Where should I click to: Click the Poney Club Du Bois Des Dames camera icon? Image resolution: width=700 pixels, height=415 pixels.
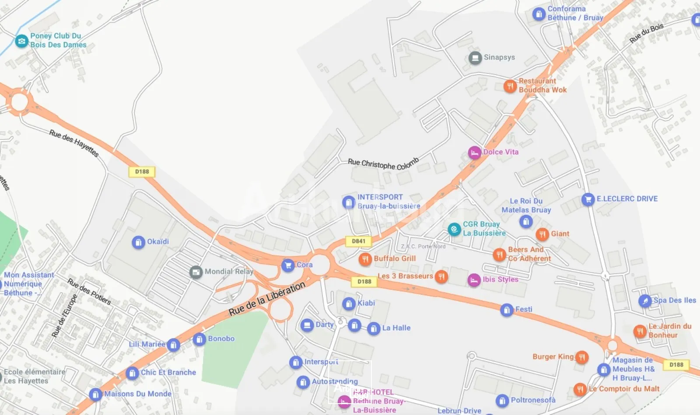pyautogui.click(x=21, y=41)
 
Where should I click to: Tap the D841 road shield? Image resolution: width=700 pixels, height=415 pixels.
pyautogui.click(x=358, y=241)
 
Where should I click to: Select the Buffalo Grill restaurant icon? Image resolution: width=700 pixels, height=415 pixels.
pyautogui.click(x=365, y=259)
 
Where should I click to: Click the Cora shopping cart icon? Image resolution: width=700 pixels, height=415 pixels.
pyautogui.click(x=287, y=265)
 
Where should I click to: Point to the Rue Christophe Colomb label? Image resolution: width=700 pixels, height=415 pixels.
pyautogui.click(x=383, y=164)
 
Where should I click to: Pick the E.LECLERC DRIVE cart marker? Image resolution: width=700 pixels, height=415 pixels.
pyautogui.click(x=588, y=199)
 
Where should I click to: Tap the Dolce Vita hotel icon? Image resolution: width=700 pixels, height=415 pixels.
pyautogui.click(x=475, y=153)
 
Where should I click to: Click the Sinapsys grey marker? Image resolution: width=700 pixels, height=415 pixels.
pyautogui.click(x=475, y=58)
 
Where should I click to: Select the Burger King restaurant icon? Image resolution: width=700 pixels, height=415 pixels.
pyautogui.click(x=581, y=357)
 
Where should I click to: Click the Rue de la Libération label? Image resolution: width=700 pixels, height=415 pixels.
pyautogui.click(x=267, y=299)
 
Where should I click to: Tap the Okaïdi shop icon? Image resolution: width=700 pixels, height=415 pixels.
pyautogui.click(x=138, y=242)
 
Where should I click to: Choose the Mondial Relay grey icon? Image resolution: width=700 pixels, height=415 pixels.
pyautogui.click(x=196, y=272)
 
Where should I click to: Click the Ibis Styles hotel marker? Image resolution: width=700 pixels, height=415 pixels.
pyautogui.click(x=474, y=280)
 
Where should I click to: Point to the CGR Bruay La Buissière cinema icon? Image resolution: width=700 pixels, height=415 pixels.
pyautogui.click(x=454, y=229)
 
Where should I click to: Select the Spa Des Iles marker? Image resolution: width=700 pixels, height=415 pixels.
pyautogui.click(x=645, y=301)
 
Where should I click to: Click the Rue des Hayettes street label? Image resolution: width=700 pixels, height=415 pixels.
pyautogui.click(x=73, y=143)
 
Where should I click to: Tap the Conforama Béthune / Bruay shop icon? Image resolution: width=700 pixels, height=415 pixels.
pyautogui.click(x=539, y=14)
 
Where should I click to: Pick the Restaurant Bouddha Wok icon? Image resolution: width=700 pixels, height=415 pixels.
pyautogui.click(x=510, y=86)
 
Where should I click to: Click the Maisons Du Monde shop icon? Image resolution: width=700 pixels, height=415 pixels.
pyautogui.click(x=95, y=394)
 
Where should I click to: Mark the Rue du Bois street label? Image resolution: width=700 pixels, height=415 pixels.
pyautogui.click(x=646, y=33)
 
